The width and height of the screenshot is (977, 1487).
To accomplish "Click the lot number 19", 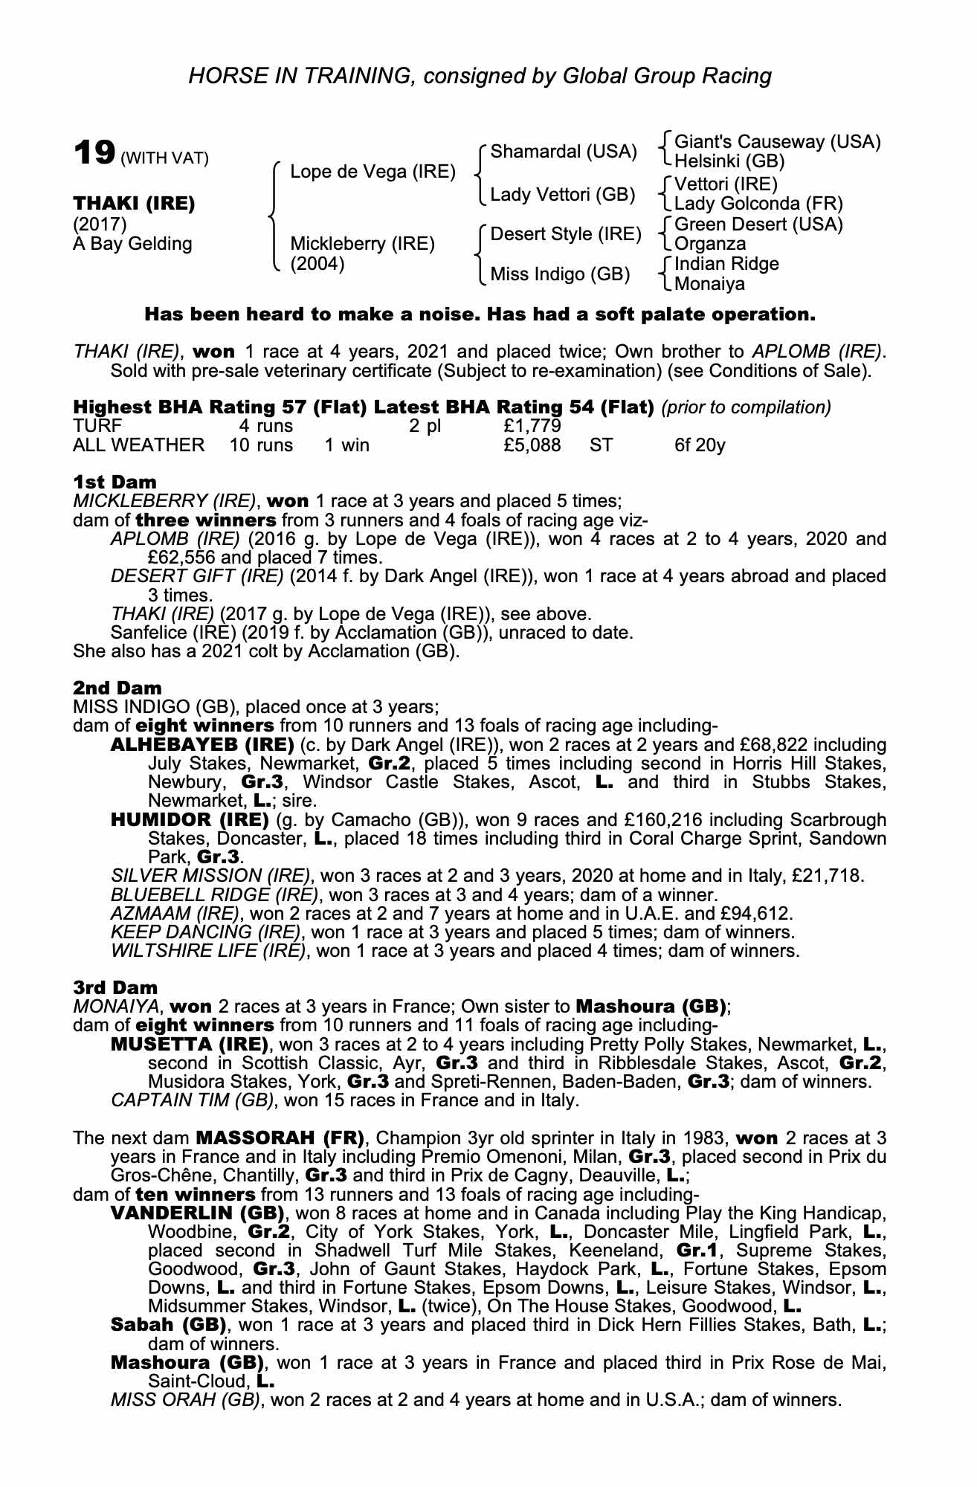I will tap(93, 153).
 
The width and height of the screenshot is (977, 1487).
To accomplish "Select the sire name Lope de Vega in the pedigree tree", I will tap(373, 172).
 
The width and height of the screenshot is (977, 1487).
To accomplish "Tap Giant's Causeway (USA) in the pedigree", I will tap(777, 142).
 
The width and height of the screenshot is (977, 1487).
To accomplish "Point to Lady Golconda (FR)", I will tap(758, 204).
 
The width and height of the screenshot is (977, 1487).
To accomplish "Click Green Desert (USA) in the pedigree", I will tap(758, 224).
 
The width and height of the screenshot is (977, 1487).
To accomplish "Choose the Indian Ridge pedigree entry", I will tap(726, 264).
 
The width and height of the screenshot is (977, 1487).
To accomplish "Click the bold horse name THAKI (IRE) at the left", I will tap(134, 204).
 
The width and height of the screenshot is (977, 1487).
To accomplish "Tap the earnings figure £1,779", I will tap(532, 426).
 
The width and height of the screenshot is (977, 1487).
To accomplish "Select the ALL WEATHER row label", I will tap(138, 445).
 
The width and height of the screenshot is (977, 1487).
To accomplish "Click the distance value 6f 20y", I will tap(700, 445).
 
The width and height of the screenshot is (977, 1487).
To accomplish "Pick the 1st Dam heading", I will tap(115, 482).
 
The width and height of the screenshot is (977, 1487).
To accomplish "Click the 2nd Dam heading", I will tap(117, 688).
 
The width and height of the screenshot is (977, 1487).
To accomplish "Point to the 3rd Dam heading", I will tap(115, 987).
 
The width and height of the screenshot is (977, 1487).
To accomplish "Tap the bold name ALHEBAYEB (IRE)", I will tap(201, 744).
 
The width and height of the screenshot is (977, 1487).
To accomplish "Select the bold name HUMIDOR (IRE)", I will tap(189, 819).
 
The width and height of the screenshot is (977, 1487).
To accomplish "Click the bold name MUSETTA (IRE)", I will tap(189, 1044).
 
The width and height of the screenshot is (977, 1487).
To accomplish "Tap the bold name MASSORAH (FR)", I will tap(280, 1138).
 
